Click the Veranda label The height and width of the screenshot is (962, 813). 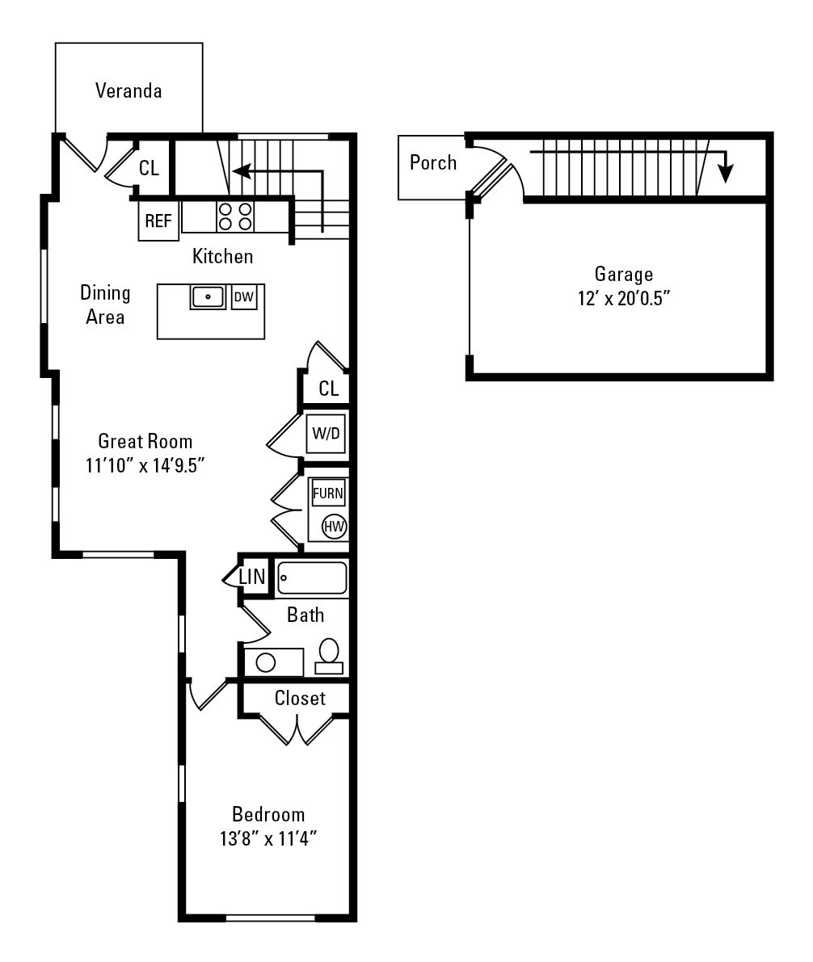(x=128, y=90)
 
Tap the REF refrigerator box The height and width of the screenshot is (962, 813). (x=158, y=221)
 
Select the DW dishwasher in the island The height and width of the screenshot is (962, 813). (x=244, y=297)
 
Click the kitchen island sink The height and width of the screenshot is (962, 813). (x=208, y=297)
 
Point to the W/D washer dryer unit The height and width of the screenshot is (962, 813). (x=326, y=433)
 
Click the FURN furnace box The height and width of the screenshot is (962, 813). (x=328, y=493)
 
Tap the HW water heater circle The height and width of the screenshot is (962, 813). (x=334, y=527)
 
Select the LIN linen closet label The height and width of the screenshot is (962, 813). (x=252, y=577)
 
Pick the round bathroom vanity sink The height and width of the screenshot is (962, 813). (x=265, y=662)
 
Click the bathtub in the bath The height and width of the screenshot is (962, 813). (x=312, y=578)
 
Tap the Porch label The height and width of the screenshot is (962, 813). (x=433, y=162)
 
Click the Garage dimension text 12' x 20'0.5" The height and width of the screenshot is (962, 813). (x=623, y=299)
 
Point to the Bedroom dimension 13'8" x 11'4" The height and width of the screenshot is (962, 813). (x=268, y=838)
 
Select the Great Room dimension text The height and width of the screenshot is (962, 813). (x=145, y=466)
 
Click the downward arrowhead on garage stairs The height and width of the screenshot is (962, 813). (x=726, y=174)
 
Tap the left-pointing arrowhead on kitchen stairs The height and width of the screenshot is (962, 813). (x=242, y=171)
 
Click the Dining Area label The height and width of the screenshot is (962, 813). (x=105, y=305)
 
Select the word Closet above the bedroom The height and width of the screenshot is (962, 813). (x=300, y=698)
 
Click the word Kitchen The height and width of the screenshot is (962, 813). (x=222, y=256)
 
